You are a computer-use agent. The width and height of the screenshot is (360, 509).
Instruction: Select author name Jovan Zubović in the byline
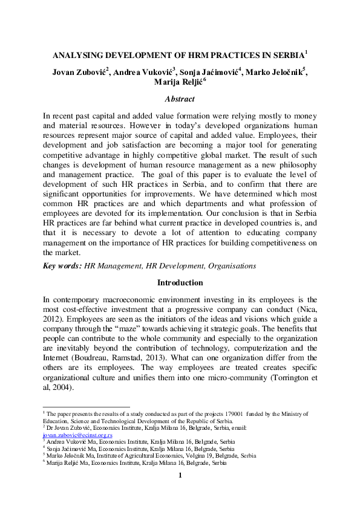click(x=79, y=71)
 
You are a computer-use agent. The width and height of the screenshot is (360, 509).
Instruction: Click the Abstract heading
click(x=180, y=99)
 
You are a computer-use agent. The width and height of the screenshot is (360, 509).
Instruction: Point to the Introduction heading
click(x=180, y=282)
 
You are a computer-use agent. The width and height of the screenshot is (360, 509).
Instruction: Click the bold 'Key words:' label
click(x=63, y=265)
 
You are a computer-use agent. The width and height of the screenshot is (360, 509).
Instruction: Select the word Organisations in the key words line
click(x=232, y=265)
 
